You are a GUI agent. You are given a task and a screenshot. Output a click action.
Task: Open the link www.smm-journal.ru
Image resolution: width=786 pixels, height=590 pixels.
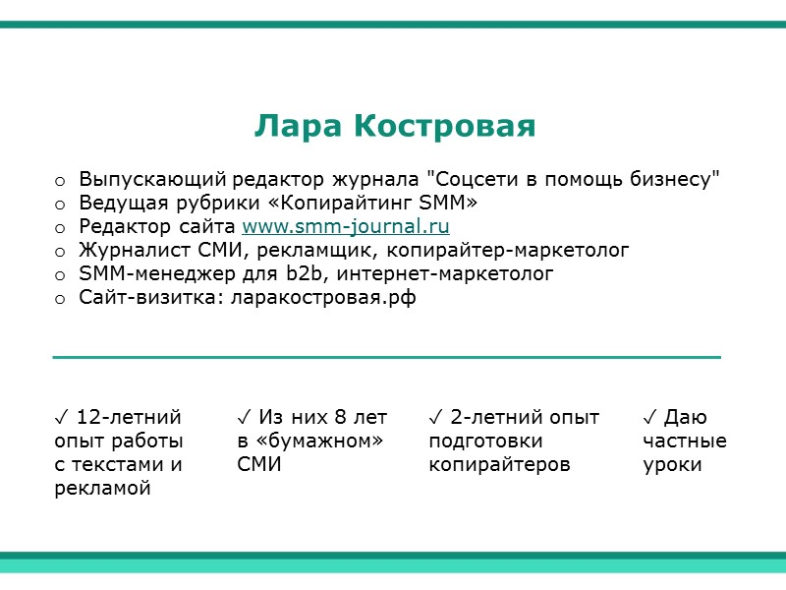coord(346,227)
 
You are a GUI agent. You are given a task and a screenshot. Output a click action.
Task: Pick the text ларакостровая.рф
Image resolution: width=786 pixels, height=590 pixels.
coord(322,298)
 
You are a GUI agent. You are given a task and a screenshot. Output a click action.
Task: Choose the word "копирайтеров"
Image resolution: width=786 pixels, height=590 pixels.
coord(499,464)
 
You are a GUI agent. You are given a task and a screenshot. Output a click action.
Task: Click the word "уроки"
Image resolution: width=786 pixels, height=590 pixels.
coord(672,464)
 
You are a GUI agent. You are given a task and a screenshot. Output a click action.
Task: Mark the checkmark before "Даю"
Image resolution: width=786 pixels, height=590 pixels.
coord(650,417)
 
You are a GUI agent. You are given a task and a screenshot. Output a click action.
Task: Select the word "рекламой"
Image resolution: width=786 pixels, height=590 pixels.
coord(102,488)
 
